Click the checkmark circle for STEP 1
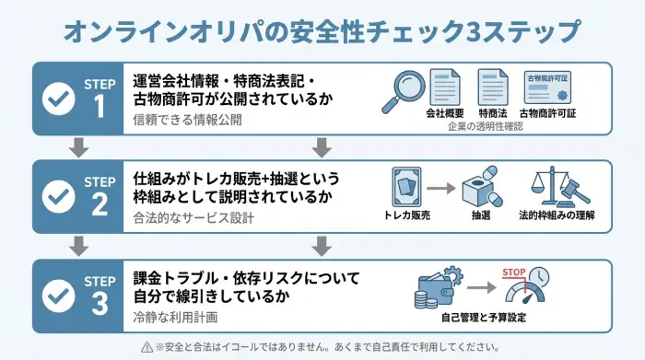[60, 96]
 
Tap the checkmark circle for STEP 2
[60, 194]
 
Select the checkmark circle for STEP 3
[60, 295]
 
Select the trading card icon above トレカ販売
[407, 187]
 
